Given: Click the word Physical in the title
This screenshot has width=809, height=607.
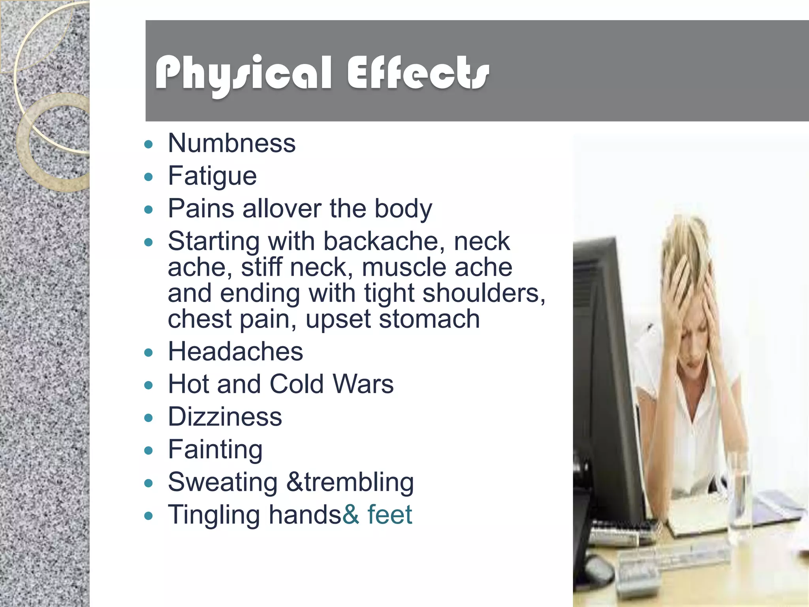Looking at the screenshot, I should (243, 74).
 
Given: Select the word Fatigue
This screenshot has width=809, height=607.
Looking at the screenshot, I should (212, 176).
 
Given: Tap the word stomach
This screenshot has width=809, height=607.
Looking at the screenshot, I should (429, 319).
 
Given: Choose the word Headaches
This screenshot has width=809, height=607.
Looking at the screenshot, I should (235, 351).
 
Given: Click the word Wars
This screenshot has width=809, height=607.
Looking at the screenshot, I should (363, 384).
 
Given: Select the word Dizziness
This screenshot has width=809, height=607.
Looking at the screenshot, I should (225, 417).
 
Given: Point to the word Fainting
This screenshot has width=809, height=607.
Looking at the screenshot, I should (215, 450).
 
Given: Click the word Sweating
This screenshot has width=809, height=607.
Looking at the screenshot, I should (223, 483).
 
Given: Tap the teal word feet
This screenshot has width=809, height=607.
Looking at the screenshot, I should (390, 515).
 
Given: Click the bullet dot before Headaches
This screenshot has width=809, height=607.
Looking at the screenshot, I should (149, 353).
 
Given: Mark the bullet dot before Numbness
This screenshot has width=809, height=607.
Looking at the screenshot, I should (149, 144).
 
